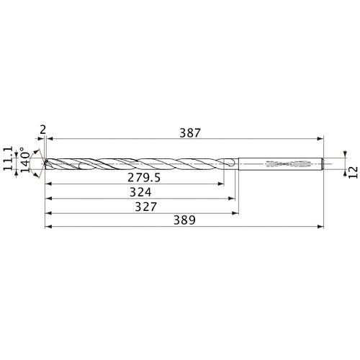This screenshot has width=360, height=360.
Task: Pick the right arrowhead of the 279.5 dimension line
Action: (220, 184)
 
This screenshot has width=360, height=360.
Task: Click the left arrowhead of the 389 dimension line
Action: (48, 229)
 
